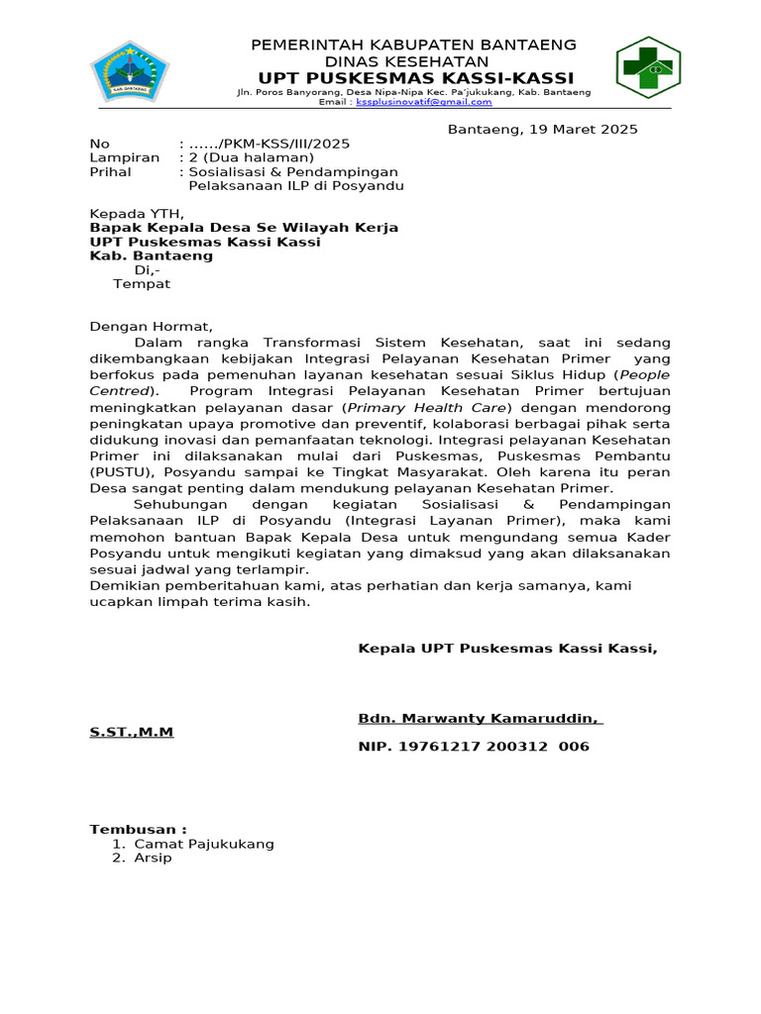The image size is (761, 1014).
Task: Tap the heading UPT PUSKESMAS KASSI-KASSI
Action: tap(415, 78)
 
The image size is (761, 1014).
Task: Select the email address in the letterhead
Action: tap(424, 102)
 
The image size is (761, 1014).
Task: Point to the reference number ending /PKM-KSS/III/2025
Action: tap(269, 144)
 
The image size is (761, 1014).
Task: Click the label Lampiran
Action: tap(125, 157)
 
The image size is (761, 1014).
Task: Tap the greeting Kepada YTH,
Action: tap(137, 213)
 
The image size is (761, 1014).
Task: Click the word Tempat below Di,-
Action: tap(142, 284)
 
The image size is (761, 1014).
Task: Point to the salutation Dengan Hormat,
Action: tap(152, 327)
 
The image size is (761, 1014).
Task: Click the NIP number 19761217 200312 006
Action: tap(474, 746)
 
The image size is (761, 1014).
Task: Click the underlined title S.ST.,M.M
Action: tap(132, 732)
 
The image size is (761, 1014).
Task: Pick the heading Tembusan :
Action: tap(138, 829)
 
